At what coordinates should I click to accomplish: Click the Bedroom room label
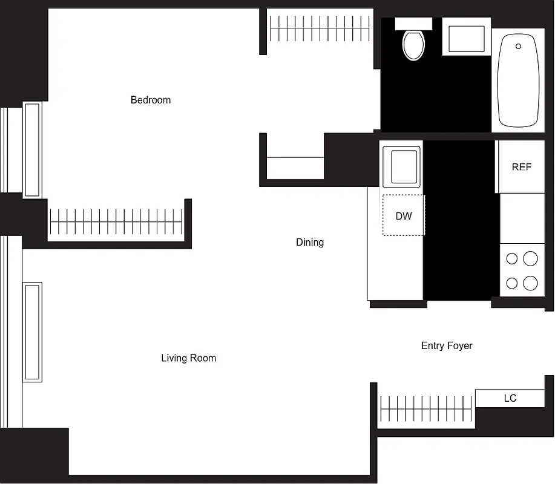pos(151,100)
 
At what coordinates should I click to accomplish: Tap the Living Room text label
pos(188,358)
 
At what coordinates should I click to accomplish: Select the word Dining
pos(310,243)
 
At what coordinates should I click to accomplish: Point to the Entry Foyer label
pos(447,346)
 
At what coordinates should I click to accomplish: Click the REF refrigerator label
pos(521,167)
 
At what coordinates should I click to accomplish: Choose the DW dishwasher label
pos(404,216)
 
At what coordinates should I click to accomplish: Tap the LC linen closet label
pos(510,398)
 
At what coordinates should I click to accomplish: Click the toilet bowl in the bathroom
pos(414,45)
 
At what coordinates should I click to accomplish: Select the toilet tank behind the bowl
pos(413,24)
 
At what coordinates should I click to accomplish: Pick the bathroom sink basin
pos(466,38)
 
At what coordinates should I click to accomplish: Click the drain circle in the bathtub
pos(518,46)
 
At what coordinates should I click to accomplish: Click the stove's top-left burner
pos(512,259)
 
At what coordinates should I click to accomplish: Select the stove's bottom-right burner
pos(530,283)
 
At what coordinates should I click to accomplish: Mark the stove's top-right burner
pos(530,259)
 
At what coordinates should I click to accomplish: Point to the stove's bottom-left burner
pos(512,283)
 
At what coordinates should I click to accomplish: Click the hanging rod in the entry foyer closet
pos(425,409)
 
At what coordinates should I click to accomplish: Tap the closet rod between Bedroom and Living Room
pos(116,222)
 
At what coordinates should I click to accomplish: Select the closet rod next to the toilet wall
pos(319,28)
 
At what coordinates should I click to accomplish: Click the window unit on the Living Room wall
pos(32,332)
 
